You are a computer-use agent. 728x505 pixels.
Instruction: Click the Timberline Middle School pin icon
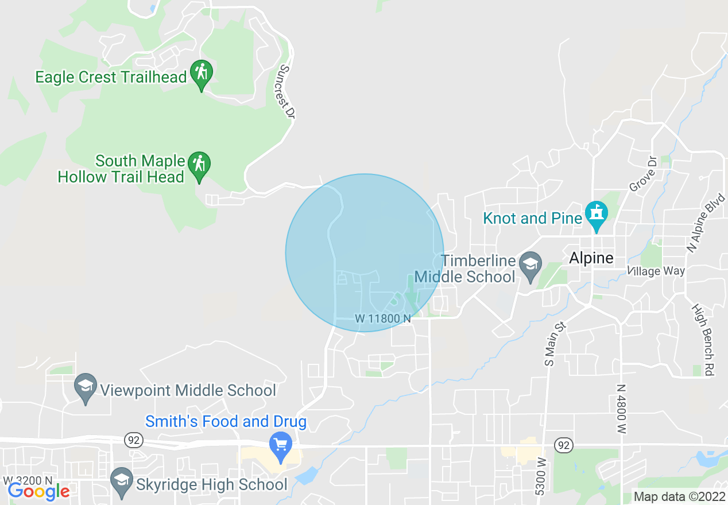(530, 266)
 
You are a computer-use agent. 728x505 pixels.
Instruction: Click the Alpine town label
(591, 258)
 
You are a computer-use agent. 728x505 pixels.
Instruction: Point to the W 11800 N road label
(383, 318)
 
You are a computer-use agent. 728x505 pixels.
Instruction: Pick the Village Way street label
(656, 271)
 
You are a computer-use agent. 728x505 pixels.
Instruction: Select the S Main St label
(555, 344)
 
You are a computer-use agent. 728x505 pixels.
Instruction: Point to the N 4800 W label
(621, 409)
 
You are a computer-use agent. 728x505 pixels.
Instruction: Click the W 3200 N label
(28, 480)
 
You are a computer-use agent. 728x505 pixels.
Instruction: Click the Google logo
(38, 491)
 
